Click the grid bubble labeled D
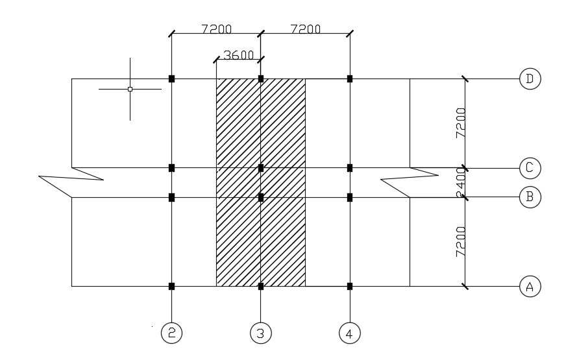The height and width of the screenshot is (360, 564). pos(530,79)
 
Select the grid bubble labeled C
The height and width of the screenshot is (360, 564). pos(530,168)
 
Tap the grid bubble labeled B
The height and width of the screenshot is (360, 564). pos(530,197)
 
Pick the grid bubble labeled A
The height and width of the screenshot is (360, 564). pos(530,286)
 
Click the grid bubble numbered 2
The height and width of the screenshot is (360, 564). pos(172,333)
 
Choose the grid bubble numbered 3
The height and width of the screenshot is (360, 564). pos(260,333)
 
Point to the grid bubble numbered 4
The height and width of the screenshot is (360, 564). pos(349,333)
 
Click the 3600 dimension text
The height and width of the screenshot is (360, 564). pos(238,56)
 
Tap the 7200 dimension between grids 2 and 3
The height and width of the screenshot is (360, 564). pos(216,29)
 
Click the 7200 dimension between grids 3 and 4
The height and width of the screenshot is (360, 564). pos(305,29)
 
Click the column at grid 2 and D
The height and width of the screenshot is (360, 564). pos(172,78)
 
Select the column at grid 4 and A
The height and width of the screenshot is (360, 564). pos(350,286)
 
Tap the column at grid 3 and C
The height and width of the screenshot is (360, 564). pos(261,168)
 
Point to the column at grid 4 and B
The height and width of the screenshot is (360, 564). pos(350,197)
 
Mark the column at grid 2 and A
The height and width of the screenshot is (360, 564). pos(172,286)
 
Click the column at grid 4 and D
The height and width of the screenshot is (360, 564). pos(350,78)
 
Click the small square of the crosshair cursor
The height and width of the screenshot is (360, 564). pos(130,89)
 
